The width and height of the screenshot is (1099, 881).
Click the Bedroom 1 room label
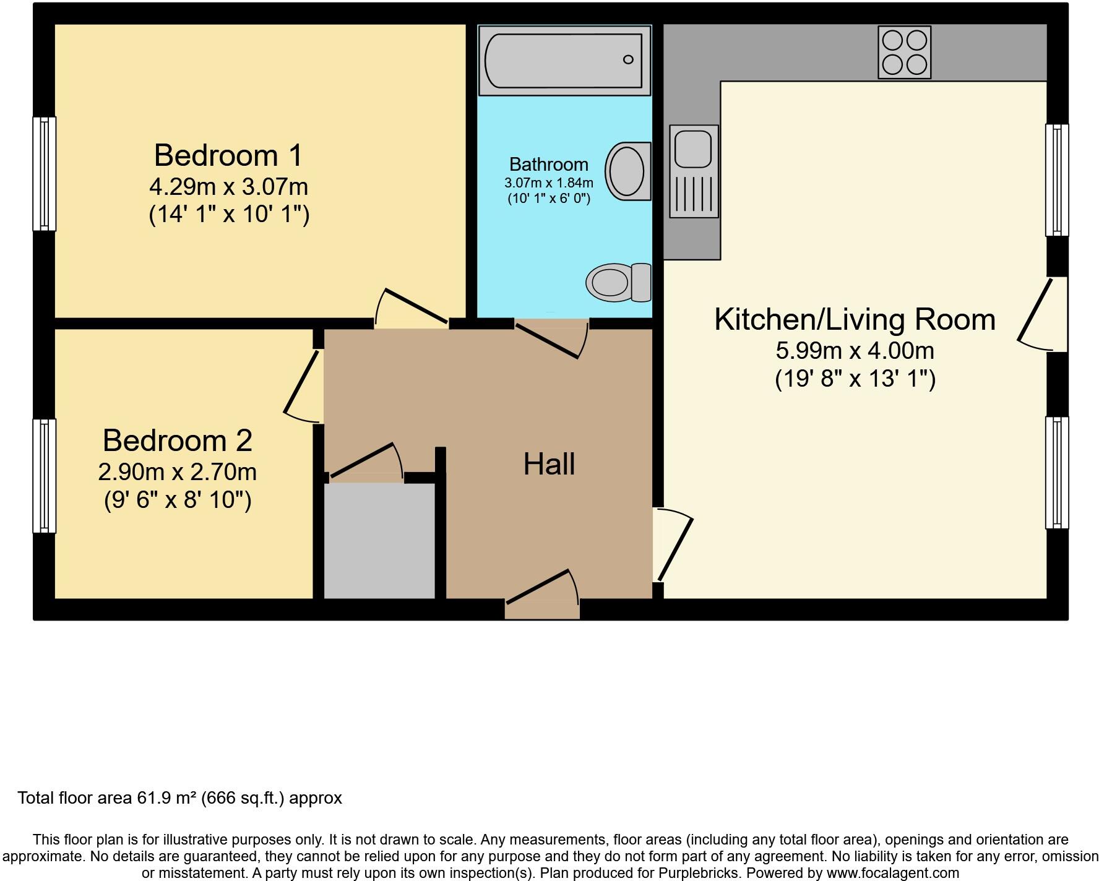[228, 155]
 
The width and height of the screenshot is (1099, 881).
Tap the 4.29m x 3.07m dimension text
[228, 186]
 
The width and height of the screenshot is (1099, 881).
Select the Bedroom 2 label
[177, 440]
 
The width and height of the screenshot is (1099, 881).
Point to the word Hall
[549, 464]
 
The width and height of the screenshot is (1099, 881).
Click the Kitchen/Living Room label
[855, 319]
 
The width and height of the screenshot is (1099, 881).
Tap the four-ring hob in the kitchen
[904, 52]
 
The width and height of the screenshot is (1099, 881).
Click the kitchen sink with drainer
[694, 171]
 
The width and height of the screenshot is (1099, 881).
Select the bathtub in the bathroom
[564, 60]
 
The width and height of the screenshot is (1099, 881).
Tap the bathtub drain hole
[628, 60]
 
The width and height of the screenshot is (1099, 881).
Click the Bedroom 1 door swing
[411, 308]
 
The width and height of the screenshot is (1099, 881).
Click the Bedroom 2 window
[44, 475]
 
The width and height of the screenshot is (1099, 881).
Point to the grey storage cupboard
[379, 541]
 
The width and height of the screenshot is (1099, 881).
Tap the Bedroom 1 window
[44, 173]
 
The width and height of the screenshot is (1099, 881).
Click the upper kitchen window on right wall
[1057, 179]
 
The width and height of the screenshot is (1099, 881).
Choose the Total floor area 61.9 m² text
[179, 798]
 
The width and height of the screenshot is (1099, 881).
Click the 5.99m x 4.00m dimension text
[855, 351]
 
